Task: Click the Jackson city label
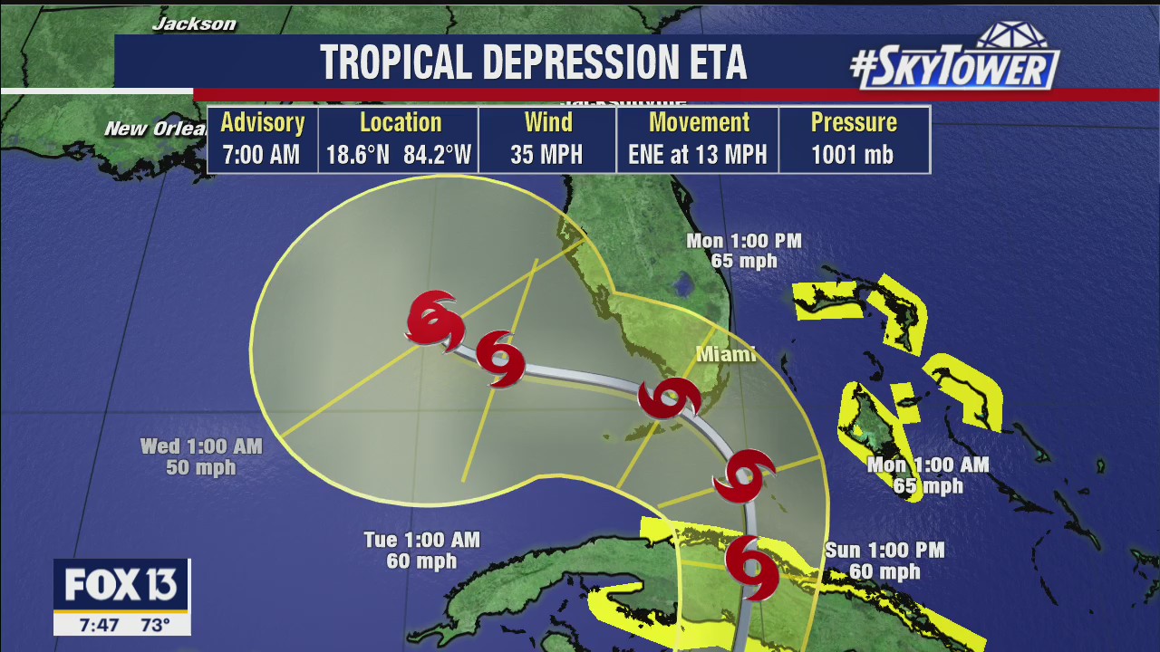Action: pos(194,24)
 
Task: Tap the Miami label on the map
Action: pos(725,354)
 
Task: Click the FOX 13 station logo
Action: pos(121,586)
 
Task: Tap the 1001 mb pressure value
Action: pos(852,155)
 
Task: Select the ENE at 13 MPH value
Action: pos(697,155)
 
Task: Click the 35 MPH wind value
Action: pos(546,155)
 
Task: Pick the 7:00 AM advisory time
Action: pos(261,155)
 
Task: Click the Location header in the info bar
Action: pos(400,122)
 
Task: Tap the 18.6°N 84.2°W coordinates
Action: pos(399,155)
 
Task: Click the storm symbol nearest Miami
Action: pos(669,398)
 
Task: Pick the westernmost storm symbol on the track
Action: pos(434,319)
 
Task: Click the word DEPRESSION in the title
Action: pos(572,62)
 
